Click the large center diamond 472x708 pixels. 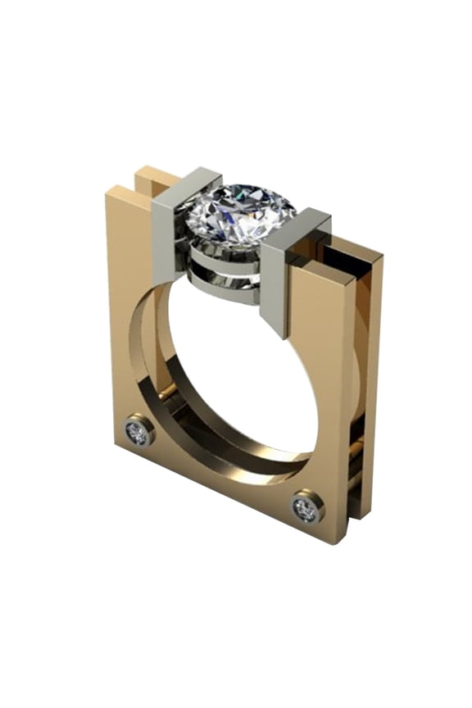click(x=239, y=215)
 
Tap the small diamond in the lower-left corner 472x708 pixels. click(x=138, y=432)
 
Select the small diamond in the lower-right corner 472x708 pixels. click(x=306, y=508)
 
